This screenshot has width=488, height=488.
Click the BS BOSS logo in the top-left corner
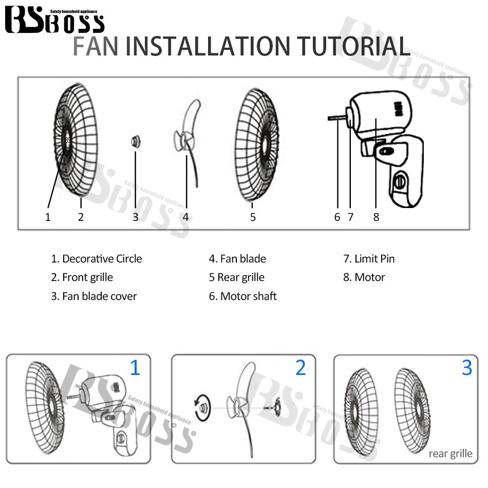pyautogui.click(x=54, y=21)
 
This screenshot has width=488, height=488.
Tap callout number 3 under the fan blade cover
pyautogui.click(x=136, y=217)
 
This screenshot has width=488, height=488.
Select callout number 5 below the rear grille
pyautogui.click(x=253, y=217)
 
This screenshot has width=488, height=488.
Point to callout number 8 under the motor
pyautogui.click(x=376, y=217)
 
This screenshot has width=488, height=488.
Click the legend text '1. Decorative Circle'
pyautogui.click(x=96, y=259)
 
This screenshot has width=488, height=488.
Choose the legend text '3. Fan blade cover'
pyautogui.click(x=93, y=296)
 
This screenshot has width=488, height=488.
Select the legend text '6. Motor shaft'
pyautogui.click(x=242, y=296)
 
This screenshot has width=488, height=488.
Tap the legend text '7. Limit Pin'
pyautogui.click(x=369, y=259)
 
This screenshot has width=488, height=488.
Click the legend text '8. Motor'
pyautogui.click(x=364, y=277)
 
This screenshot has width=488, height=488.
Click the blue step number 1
pyautogui.click(x=135, y=368)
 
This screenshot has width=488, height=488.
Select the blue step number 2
pyautogui.click(x=301, y=368)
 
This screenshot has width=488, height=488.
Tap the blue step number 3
pyautogui.click(x=466, y=368)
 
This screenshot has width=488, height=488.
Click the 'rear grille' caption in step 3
pyautogui.click(x=450, y=453)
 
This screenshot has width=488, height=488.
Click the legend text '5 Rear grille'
pyautogui.click(x=236, y=277)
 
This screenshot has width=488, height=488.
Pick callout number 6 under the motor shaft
pyautogui.click(x=337, y=217)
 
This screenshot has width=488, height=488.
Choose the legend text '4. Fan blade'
pyautogui.click(x=237, y=259)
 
